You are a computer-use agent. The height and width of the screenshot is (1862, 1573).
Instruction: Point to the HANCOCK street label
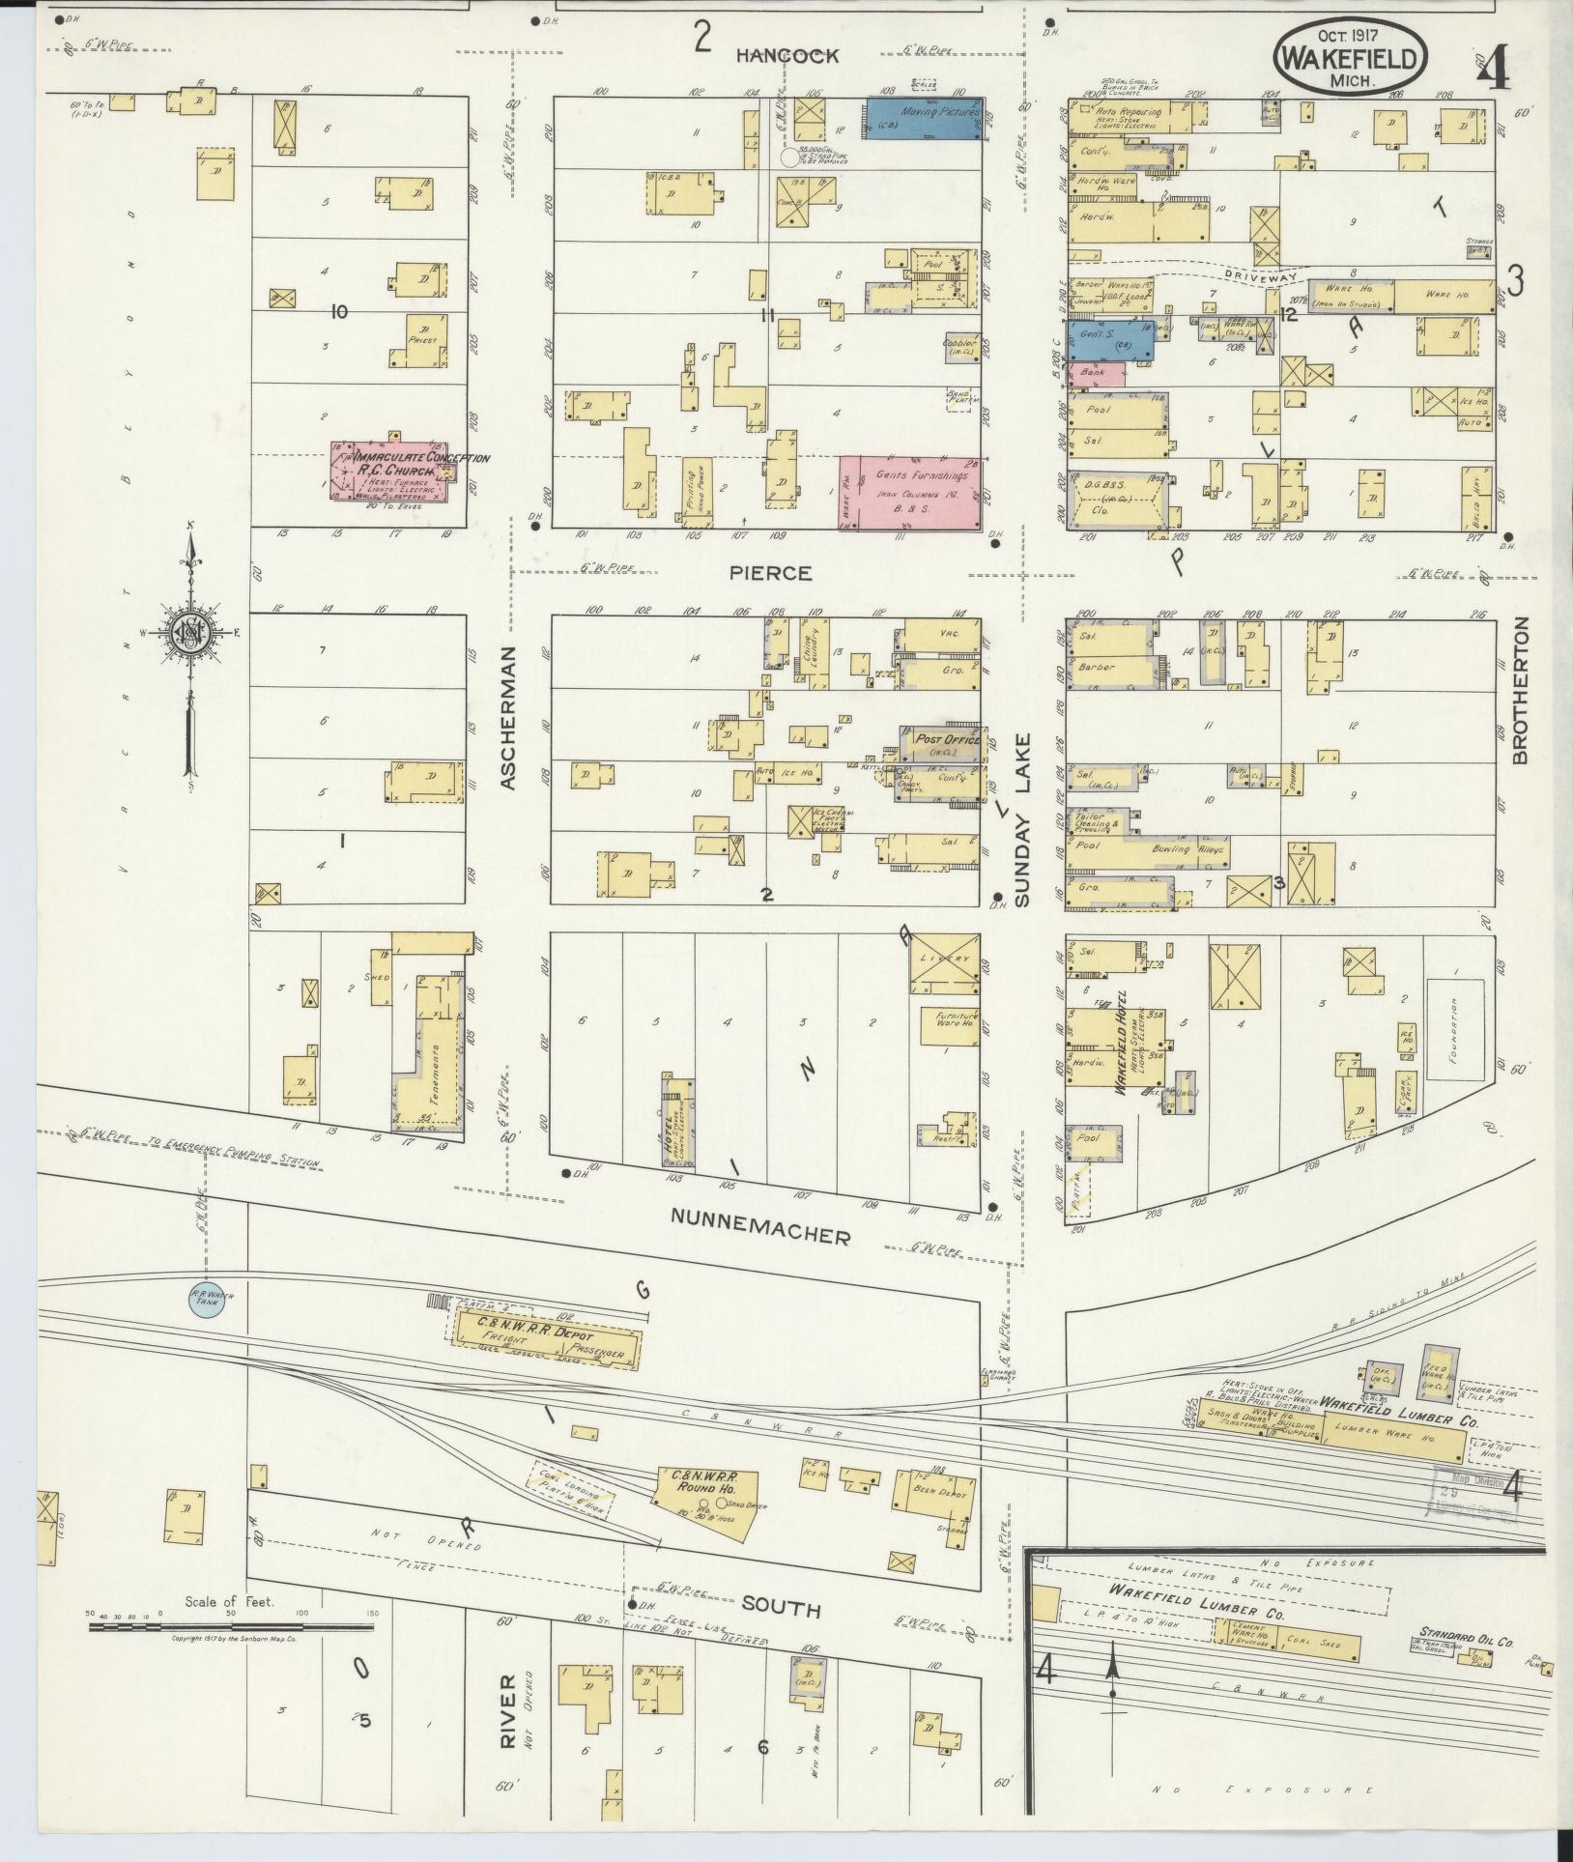pos(786,56)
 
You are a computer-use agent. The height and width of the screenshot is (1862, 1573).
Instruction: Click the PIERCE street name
pos(770,573)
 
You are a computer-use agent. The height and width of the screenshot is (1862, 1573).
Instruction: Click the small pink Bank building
pos(1096,374)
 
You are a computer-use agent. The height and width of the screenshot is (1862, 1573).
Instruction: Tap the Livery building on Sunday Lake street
pos(944,962)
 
